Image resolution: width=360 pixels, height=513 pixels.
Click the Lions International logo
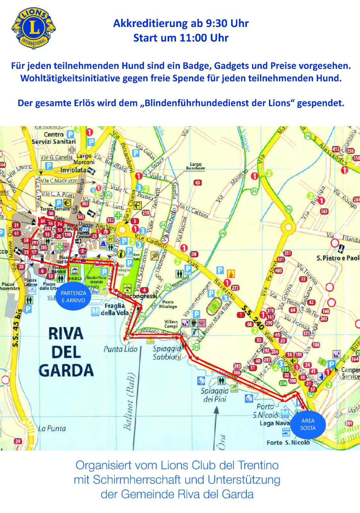point(34,29)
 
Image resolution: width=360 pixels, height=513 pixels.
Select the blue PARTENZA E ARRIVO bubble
point(73,297)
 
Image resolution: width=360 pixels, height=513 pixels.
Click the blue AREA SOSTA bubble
point(308,425)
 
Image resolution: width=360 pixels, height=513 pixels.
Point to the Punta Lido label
point(120,349)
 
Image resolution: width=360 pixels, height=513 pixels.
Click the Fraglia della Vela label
point(114,309)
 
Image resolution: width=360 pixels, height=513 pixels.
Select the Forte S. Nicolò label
point(288,442)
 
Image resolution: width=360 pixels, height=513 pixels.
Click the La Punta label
point(52,428)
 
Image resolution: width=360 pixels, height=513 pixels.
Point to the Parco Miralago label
point(168,304)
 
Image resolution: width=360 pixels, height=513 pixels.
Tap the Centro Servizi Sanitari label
point(54,138)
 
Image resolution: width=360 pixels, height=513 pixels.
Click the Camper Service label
point(350,373)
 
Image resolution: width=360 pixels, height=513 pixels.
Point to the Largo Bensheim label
point(196,166)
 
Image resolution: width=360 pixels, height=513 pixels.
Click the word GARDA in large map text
point(66,371)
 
